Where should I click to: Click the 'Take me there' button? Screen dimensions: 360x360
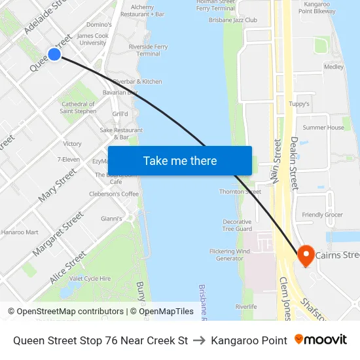point(179,160)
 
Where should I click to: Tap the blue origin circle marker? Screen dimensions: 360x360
point(54,54)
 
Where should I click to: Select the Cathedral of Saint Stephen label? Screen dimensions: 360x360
point(78,107)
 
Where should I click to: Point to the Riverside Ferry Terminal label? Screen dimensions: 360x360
point(148,50)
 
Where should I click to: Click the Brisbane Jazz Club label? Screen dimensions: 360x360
point(233,20)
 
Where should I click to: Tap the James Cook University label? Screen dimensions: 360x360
point(92,39)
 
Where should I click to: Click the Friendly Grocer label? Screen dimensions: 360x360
point(322,215)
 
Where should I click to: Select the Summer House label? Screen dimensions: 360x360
point(323,128)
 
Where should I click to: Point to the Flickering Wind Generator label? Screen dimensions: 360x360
point(229,255)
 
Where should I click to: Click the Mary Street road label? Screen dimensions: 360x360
point(57,184)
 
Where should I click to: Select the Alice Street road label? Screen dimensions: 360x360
point(67,267)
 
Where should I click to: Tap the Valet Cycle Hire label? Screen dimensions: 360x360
point(90,278)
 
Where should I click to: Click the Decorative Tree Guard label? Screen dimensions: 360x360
point(236,225)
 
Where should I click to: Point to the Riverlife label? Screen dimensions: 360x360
point(246,306)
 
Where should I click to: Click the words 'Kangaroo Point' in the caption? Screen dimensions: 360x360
point(249,340)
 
